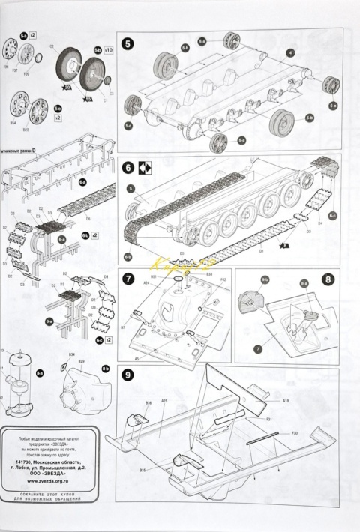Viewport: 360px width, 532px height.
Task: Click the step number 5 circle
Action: click(128, 43)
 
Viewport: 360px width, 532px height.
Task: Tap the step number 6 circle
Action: click(128, 168)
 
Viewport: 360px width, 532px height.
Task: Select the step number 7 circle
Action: click(128, 279)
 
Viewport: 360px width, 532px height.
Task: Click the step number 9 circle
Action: click(128, 376)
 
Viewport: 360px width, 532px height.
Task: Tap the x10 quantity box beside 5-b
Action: click(109, 50)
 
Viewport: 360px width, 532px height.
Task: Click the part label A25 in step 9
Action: click(163, 402)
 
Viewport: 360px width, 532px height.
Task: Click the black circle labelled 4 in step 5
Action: click(289, 52)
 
